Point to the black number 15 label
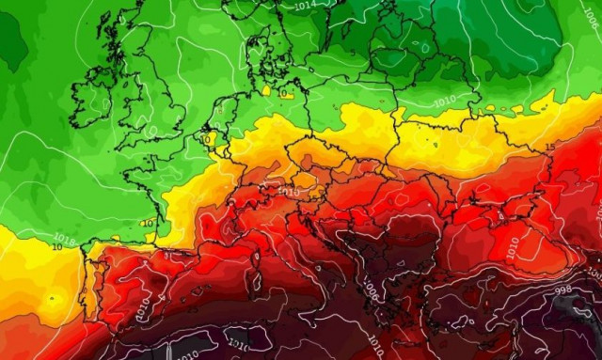click(549, 149)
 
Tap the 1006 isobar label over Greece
click(372, 293)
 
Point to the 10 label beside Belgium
click(207, 138)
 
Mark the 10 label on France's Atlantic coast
click(148, 223)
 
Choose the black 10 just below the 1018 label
click(57, 247)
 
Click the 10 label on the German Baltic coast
click(285, 93)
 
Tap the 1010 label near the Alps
click(290, 191)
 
